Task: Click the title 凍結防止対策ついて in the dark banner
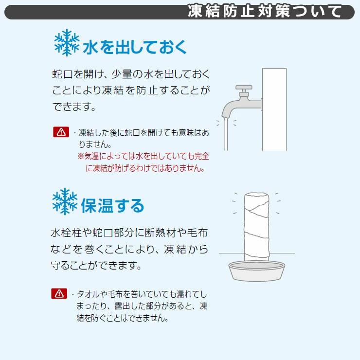click(265, 11)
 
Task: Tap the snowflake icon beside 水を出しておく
click(67, 43)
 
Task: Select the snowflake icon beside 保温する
click(65, 201)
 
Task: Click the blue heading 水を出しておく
click(135, 47)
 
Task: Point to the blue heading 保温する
click(112, 205)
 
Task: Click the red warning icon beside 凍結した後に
click(61, 132)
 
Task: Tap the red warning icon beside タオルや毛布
click(59, 293)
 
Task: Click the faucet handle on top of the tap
click(244, 87)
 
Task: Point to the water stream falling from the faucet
click(226, 134)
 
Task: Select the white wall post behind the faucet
click(274, 109)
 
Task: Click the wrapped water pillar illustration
click(256, 227)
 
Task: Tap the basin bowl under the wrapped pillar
click(257, 271)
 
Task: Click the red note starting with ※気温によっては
click(143, 162)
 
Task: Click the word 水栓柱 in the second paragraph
click(66, 233)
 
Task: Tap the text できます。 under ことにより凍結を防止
click(74, 107)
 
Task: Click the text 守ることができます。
click(96, 265)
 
